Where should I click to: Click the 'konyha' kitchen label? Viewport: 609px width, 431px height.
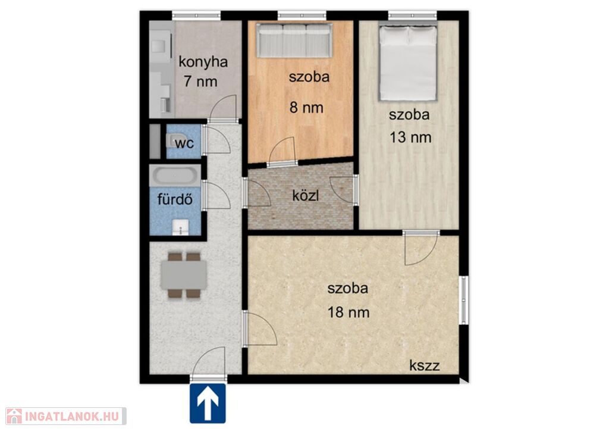203,62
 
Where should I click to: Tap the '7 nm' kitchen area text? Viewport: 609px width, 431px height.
200,82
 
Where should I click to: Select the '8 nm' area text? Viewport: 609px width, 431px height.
306,107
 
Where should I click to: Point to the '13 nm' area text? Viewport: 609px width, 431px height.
410,137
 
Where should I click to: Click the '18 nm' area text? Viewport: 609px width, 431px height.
349,312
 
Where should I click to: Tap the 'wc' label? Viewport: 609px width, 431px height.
184,143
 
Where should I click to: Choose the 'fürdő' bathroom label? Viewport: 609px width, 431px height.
175,199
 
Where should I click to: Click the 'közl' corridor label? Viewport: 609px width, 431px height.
306,195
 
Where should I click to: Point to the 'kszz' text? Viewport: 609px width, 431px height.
425,366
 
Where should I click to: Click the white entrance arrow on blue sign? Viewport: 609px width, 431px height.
208,404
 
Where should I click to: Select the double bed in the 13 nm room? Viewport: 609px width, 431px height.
408,62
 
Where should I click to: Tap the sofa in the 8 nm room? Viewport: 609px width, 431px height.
294,40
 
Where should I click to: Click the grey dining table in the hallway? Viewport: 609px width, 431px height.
184,275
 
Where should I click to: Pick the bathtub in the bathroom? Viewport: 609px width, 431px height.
175,176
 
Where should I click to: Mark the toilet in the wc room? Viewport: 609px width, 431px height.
171,140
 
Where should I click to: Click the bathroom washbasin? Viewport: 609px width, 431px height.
180,227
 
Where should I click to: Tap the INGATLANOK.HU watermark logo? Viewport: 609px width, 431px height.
66,416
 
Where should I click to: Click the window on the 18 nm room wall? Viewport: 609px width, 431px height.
463,299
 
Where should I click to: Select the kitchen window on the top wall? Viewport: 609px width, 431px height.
196,15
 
